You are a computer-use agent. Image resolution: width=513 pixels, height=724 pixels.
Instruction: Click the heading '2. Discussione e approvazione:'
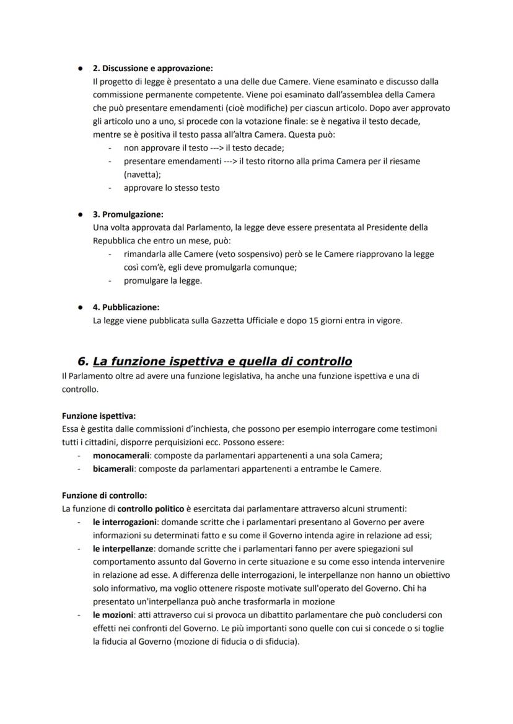point(152,68)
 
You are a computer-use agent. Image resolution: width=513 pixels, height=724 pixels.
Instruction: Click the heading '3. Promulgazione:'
point(128,214)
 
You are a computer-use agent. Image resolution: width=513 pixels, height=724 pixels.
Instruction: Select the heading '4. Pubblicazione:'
point(126,307)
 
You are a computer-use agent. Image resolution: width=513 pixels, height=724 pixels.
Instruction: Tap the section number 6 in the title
point(82,361)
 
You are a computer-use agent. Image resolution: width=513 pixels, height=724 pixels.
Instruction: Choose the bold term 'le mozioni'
point(110,615)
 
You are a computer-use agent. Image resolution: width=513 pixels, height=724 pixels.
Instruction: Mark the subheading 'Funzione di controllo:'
point(105,495)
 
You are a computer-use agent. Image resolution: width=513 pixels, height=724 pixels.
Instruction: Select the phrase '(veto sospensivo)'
point(205,254)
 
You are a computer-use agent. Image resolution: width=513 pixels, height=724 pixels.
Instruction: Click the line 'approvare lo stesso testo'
point(171,188)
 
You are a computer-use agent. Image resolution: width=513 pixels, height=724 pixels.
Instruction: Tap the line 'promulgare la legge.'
point(162,281)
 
